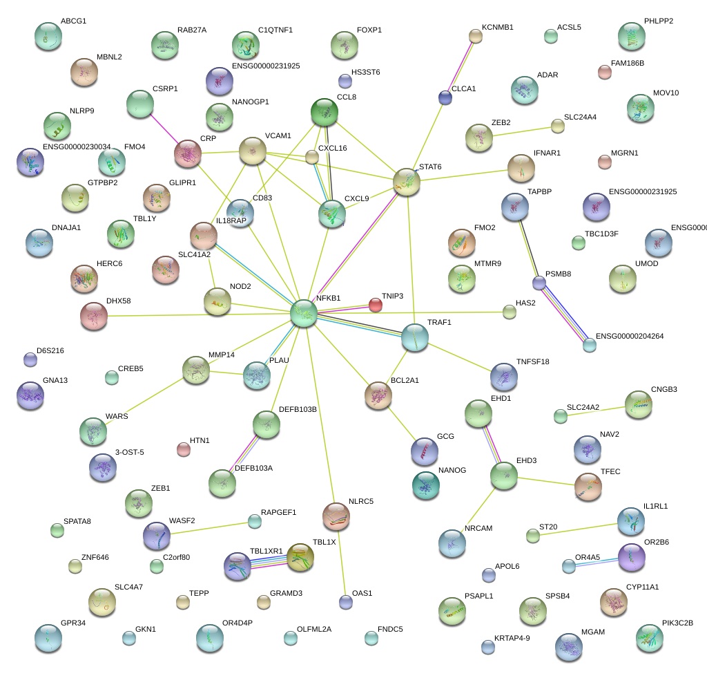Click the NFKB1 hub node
click(x=303, y=313)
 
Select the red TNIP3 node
click(x=375, y=304)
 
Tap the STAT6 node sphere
click(x=407, y=181)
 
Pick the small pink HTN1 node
click(x=183, y=449)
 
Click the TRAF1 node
click(x=414, y=337)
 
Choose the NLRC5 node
click(x=336, y=514)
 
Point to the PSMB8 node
click(x=539, y=283)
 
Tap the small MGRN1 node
click(x=604, y=162)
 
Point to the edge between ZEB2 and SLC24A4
click(x=525, y=130)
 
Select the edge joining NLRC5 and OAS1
click(x=342, y=560)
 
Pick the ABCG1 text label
click(x=73, y=21)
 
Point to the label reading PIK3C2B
click(x=677, y=623)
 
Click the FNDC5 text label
click(x=390, y=630)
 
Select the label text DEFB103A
click(x=253, y=469)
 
